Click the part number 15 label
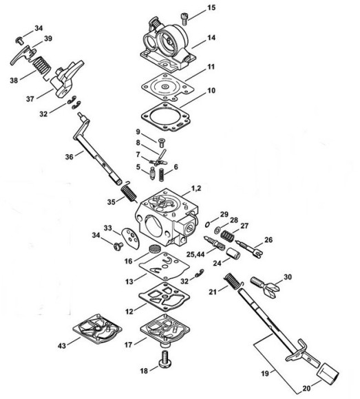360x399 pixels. point(211,8)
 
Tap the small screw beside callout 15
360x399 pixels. point(184,19)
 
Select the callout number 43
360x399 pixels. point(62,346)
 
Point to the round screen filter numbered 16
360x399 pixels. point(153,248)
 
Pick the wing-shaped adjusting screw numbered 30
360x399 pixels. point(265,287)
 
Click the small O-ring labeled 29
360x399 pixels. point(207,224)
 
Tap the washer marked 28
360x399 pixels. point(218,230)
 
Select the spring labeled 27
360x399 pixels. point(227,236)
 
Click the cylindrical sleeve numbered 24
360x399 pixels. point(233,253)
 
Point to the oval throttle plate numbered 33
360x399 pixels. point(131,238)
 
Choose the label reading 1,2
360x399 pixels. point(196,188)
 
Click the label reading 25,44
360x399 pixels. point(195,254)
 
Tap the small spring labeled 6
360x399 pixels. point(161,175)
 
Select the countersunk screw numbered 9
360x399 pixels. point(161,142)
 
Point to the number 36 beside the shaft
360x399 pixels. point(70,157)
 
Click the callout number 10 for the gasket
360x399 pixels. point(211,91)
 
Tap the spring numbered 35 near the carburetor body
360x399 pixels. point(129,192)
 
